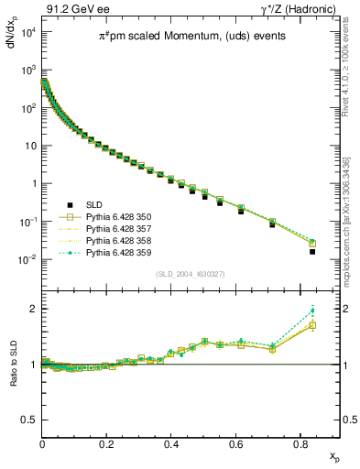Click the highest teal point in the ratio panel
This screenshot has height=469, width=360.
click(312, 311)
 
